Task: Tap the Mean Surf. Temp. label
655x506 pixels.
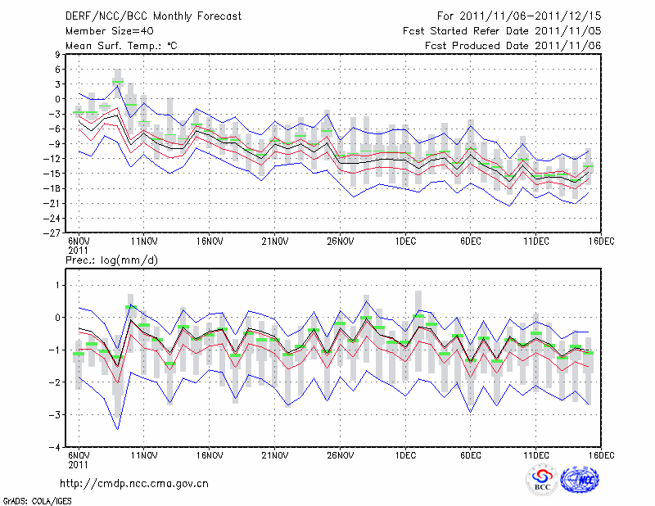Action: [121, 46]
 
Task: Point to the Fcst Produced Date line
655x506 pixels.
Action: [513, 46]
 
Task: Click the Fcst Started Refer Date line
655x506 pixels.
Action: [502, 30]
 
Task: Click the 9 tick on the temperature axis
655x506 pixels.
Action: [58, 54]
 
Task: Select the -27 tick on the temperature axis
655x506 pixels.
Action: [54, 233]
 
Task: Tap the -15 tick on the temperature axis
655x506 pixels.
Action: [54, 173]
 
